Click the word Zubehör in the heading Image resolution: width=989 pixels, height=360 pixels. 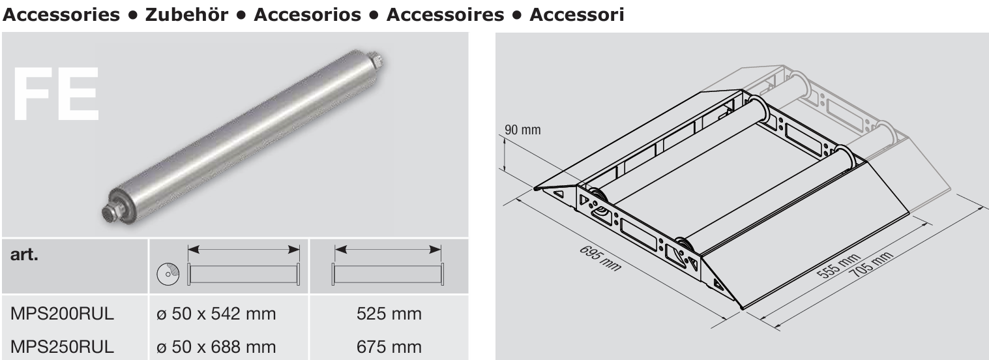pyautogui.click(x=186, y=14)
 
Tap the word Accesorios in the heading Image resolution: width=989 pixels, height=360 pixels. pyautogui.click(x=307, y=14)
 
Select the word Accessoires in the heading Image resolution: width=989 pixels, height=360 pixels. pyautogui.click(x=445, y=14)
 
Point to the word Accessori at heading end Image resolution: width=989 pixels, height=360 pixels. pyautogui.click(x=576, y=14)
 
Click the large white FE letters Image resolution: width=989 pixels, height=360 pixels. pyautogui.click(x=56, y=94)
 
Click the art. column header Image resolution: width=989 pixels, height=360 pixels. pyautogui.click(x=24, y=254)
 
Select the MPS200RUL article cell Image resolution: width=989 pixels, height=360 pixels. pyautogui.click(x=62, y=314)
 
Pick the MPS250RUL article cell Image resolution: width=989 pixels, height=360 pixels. pyautogui.click(x=62, y=347)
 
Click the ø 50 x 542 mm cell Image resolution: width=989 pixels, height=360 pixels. pyautogui.click(x=216, y=314)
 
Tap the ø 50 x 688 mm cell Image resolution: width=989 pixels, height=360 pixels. pyautogui.click(x=216, y=347)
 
